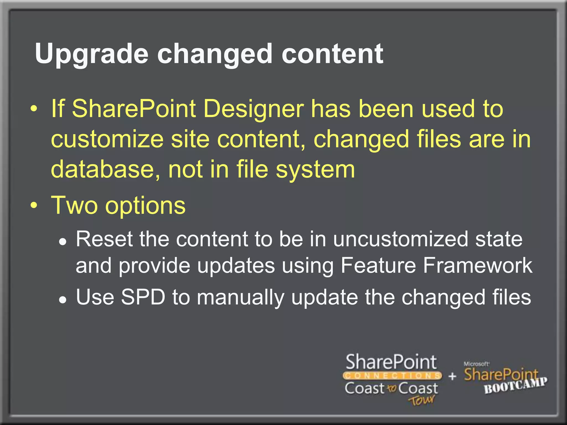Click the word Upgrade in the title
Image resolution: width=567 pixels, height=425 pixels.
92,54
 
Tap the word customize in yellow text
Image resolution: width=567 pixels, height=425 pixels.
107,139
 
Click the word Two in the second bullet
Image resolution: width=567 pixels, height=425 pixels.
74,205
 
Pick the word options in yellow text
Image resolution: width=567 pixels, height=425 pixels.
146,206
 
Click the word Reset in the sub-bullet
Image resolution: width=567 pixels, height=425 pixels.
104,239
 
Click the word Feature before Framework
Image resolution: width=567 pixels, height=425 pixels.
378,265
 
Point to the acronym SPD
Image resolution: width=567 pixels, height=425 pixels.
143,297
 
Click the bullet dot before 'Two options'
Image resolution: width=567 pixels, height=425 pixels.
34,206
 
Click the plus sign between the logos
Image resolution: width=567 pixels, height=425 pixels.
452,376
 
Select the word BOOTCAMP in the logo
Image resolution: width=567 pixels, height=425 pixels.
516,385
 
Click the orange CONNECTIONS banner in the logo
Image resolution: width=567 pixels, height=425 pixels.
392,376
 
